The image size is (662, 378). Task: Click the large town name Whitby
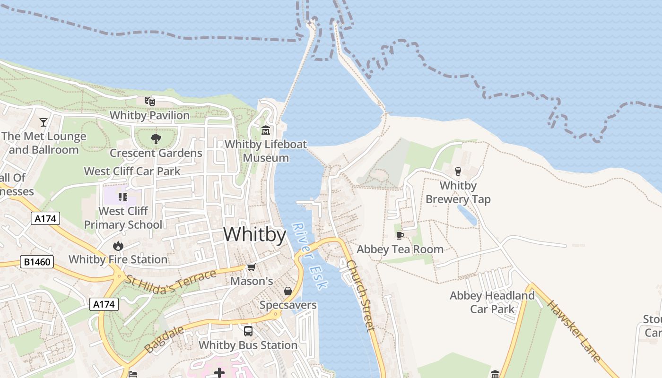point(254,234)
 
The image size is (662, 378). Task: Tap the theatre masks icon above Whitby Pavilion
point(149,101)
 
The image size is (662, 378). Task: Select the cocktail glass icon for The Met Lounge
point(44,122)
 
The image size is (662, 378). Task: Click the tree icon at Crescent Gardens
point(156,139)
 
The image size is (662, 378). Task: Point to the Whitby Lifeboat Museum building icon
point(266,130)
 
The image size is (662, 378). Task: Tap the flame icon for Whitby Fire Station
point(118,246)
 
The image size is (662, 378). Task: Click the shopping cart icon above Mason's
point(252,267)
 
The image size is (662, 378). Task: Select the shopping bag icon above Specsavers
point(287,291)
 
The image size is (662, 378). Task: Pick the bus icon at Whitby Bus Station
point(248,331)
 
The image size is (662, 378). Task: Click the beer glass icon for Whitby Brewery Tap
point(458,171)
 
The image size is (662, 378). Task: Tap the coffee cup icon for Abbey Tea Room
point(400,235)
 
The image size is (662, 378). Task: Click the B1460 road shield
point(37,262)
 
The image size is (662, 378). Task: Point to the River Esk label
point(309,256)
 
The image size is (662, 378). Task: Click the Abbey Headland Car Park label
point(492,302)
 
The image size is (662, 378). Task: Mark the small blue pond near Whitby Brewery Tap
point(467,215)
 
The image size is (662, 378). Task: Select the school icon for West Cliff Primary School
point(122,197)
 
